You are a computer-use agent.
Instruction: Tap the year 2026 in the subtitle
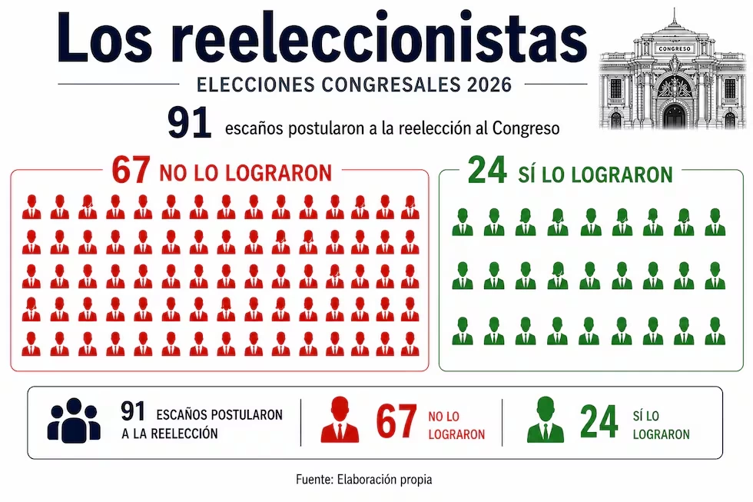[x=489, y=85]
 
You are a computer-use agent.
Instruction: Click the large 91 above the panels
[x=190, y=125]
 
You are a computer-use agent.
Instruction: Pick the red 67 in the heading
[x=131, y=171]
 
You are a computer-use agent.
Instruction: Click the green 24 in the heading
[x=487, y=171]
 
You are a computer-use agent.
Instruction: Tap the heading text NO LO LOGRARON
[x=245, y=173]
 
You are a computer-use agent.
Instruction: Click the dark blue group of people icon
[x=74, y=420]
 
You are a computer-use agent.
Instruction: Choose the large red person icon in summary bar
[x=339, y=421]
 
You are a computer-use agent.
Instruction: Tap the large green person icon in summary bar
[x=545, y=421]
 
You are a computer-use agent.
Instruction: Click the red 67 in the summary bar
[x=396, y=422]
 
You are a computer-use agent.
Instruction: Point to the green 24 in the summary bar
[x=599, y=422]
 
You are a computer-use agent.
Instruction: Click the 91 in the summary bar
[x=134, y=413]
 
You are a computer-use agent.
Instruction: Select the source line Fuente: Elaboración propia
[x=364, y=479]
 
